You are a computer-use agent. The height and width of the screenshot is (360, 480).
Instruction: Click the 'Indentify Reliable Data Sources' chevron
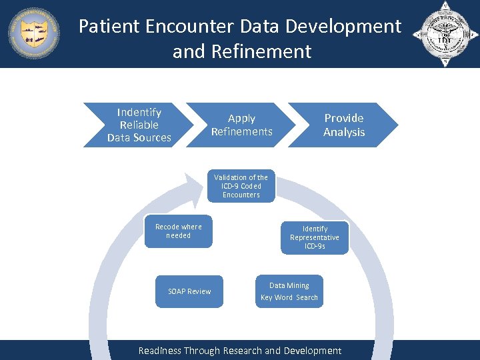139,125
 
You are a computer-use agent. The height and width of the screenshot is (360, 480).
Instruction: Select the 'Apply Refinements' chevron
241,125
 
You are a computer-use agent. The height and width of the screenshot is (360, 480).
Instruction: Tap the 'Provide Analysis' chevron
344,125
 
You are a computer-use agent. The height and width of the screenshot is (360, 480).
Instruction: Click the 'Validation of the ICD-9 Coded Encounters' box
241,186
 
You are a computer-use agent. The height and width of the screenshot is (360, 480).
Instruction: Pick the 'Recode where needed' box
178,231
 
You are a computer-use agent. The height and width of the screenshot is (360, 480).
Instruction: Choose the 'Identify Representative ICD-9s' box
315,238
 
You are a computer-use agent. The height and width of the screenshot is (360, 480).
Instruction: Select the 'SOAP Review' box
189,291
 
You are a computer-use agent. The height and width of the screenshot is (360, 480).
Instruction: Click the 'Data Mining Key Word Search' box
289,291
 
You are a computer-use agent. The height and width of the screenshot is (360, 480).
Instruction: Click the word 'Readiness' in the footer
159,351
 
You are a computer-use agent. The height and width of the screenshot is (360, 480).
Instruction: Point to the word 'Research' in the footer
243,351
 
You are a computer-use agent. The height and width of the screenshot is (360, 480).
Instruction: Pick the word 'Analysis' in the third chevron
344,132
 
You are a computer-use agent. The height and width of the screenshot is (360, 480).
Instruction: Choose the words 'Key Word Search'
289,297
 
